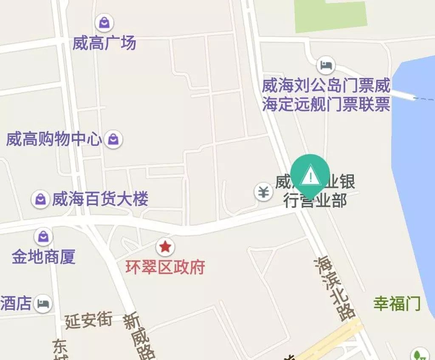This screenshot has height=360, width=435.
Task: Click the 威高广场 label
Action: (x=104, y=43)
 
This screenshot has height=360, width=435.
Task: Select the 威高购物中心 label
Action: (x=54, y=139)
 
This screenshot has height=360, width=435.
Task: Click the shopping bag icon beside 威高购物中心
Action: (x=113, y=139)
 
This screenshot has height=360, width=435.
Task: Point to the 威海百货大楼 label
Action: (x=100, y=199)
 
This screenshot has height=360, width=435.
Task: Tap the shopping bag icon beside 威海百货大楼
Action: (x=40, y=199)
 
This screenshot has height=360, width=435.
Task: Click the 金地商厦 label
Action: (x=43, y=256)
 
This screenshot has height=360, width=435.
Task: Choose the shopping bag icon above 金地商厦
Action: (x=43, y=236)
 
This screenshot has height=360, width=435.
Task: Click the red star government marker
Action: (x=164, y=246)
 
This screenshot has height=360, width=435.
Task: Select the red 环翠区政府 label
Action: (x=165, y=267)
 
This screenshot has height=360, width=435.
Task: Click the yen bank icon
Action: (x=264, y=192)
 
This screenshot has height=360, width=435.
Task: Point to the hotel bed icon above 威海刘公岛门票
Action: (x=326, y=65)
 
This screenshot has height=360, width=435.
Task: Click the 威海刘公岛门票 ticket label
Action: (x=326, y=95)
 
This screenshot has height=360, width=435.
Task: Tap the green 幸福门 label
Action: (x=397, y=304)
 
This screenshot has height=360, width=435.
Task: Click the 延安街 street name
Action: (x=88, y=320)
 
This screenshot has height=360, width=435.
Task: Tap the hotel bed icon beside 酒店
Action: (x=43, y=304)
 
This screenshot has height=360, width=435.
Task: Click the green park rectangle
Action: (x=330, y=16)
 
